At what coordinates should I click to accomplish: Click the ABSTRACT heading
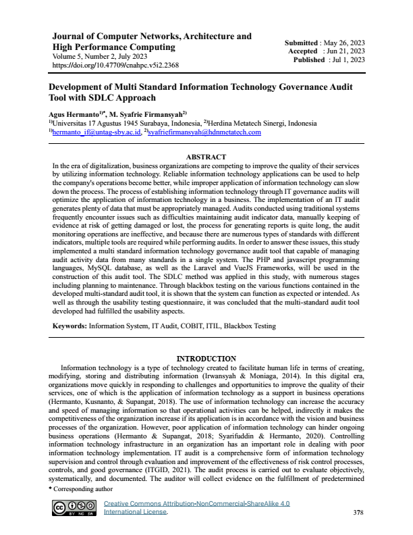pos(206,157)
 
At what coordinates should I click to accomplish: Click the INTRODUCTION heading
pos(206,357)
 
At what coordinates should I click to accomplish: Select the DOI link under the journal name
pos(115,66)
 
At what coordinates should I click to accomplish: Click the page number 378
pos(358,513)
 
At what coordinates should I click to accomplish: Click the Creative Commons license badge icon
pos(72,507)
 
